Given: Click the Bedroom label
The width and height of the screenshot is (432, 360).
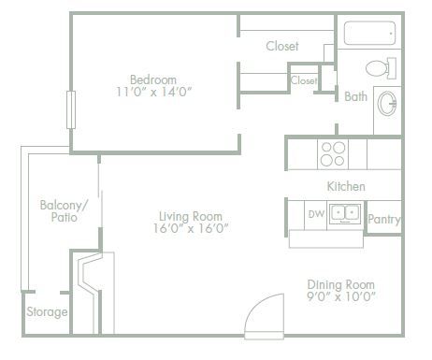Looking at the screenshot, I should pyautogui.click(x=153, y=79).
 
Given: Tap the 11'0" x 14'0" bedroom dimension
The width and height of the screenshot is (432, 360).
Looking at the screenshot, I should pyautogui.click(x=153, y=93).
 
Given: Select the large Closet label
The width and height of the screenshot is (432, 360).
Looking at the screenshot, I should pyautogui.click(x=282, y=46).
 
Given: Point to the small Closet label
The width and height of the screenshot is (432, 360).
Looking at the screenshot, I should pyautogui.click(x=304, y=81).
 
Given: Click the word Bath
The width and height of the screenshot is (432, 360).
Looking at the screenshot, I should pyautogui.click(x=355, y=96).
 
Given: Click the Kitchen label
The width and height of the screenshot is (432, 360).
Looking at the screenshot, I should pyautogui.click(x=346, y=186).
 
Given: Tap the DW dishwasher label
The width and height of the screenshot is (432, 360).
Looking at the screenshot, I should pyautogui.click(x=316, y=214).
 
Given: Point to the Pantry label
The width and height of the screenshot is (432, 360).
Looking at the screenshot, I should pyautogui.click(x=384, y=220).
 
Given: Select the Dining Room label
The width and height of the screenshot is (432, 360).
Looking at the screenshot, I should pyautogui.click(x=341, y=284).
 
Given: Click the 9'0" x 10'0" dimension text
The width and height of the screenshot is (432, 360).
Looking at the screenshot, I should pyautogui.click(x=341, y=298).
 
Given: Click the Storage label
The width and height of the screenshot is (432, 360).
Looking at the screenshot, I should pyautogui.click(x=46, y=311).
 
